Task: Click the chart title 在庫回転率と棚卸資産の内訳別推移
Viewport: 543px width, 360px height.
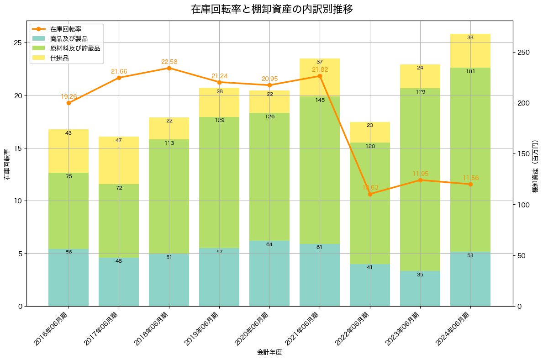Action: [271, 9]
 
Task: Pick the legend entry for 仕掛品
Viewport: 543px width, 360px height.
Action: [59, 58]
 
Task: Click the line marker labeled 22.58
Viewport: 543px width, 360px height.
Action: [169, 68]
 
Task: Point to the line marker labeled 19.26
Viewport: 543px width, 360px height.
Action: [69, 103]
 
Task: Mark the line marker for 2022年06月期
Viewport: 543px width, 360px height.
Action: [370, 194]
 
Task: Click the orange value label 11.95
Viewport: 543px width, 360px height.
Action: [420, 174]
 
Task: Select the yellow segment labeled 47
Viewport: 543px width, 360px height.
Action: [119, 160]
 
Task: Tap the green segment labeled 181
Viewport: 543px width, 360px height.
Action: [470, 160]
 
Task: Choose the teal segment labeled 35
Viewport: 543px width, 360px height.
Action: [420, 289]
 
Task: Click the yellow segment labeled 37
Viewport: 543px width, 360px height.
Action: [320, 78]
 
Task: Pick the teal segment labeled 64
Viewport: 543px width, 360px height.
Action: [269, 273]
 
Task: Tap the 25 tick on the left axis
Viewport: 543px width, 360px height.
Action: [17, 43]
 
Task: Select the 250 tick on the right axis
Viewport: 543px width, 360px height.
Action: [523, 53]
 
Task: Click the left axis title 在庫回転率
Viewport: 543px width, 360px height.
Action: [6, 164]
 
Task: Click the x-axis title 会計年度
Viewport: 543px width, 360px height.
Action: [269, 352]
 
